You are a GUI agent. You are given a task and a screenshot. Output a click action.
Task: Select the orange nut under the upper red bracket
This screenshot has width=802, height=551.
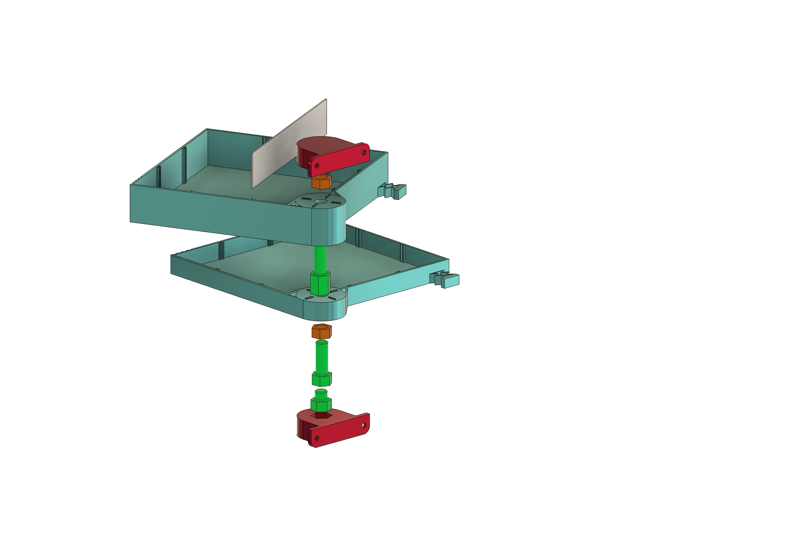click(321, 182)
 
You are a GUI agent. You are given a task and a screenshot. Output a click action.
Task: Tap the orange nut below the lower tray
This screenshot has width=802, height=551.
click(321, 332)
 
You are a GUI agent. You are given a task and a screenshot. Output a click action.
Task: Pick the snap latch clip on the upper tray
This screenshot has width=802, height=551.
click(394, 191)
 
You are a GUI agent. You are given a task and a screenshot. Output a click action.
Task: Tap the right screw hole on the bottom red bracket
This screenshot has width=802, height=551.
click(364, 425)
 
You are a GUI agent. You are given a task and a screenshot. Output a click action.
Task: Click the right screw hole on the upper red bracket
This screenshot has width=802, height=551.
click(364, 152)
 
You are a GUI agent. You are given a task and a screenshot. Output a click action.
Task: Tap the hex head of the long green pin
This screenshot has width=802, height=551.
click(321, 379)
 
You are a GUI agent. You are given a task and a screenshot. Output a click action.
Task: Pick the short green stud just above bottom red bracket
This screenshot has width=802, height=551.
click(321, 400)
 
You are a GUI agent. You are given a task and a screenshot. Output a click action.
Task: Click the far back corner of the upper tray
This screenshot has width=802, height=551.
click(207, 130)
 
